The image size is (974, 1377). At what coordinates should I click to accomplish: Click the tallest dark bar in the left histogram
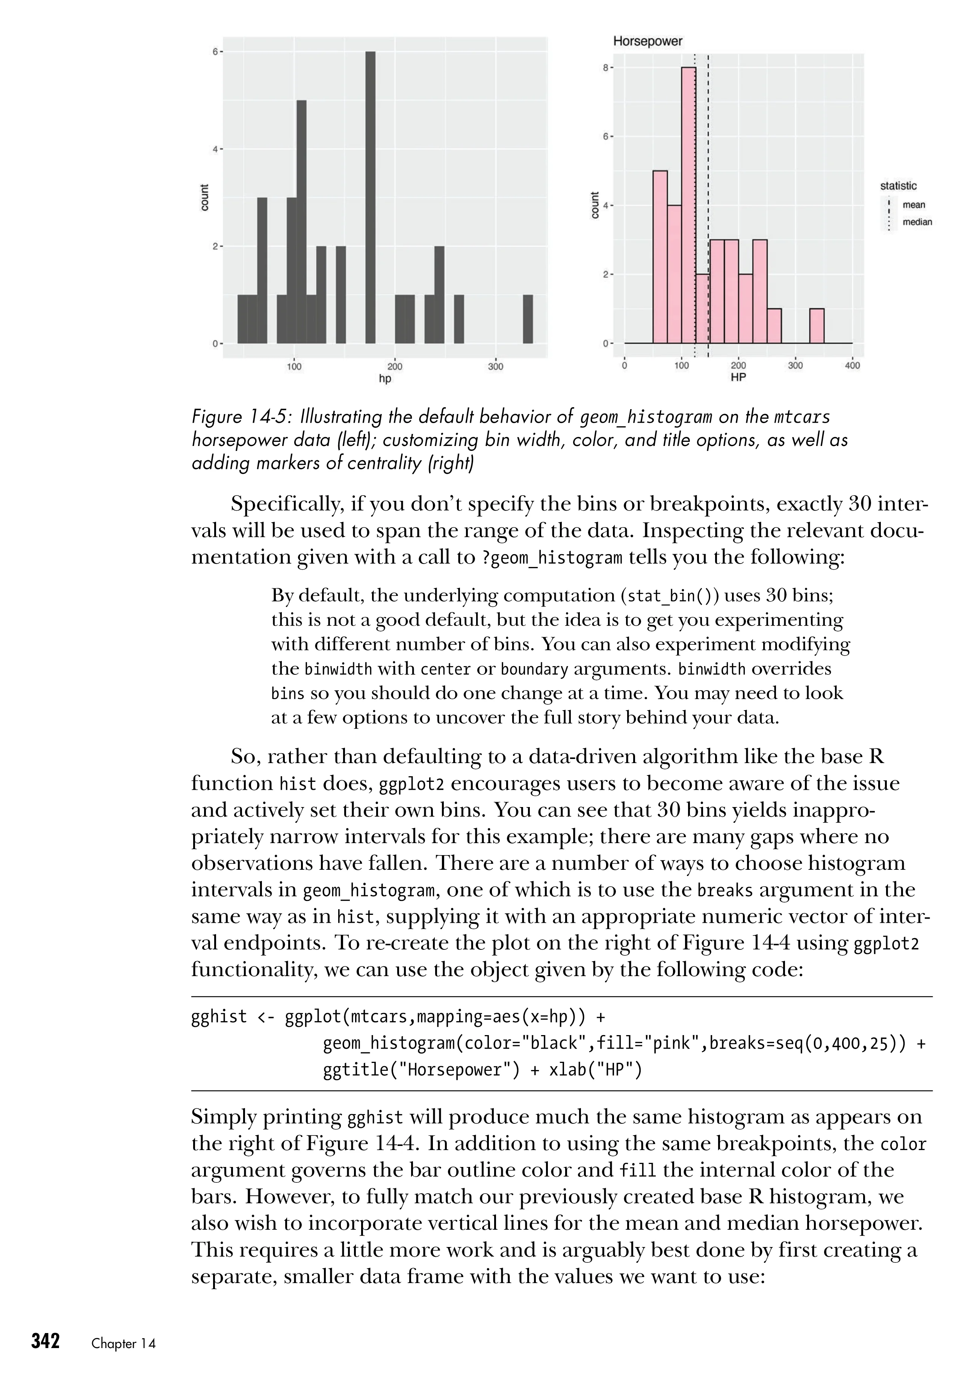pos(370,198)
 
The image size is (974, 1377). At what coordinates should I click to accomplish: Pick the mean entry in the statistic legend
pos(914,205)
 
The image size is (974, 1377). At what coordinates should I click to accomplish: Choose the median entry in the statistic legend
pos(917,222)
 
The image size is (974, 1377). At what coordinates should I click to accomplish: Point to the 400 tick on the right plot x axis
pos(852,366)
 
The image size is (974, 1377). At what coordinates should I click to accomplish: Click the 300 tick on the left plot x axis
pos(495,366)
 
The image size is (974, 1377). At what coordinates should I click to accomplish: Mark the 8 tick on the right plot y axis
pos(607,68)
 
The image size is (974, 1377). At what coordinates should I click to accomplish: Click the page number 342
pos(45,1341)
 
